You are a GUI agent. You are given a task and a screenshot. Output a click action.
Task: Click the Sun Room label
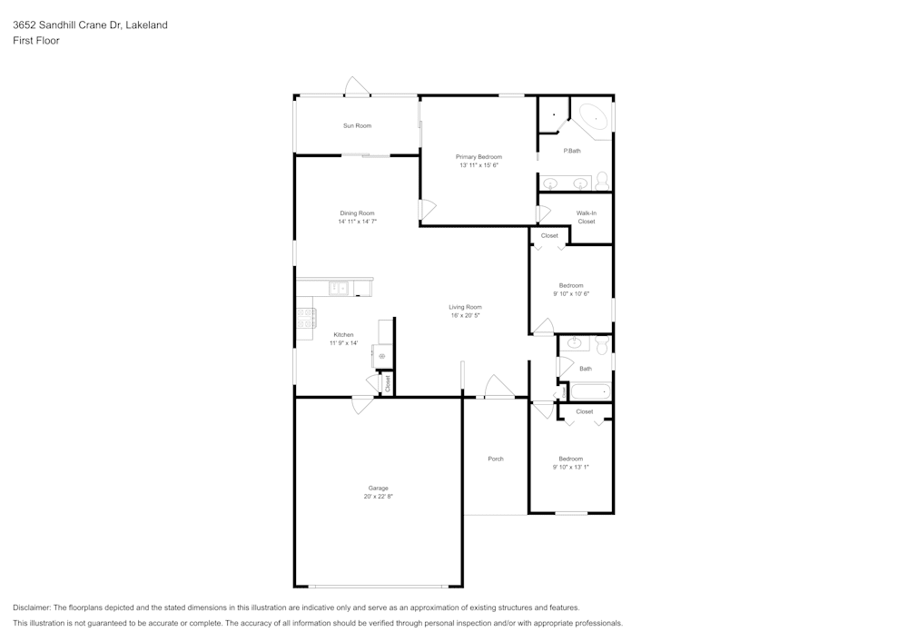(357, 125)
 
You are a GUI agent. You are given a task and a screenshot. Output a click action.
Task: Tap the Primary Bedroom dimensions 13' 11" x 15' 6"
(479, 165)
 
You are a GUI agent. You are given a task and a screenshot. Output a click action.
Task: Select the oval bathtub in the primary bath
(594, 118)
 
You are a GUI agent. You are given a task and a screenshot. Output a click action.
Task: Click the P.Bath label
(572, 151)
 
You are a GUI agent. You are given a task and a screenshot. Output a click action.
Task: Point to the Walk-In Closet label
(587, 217)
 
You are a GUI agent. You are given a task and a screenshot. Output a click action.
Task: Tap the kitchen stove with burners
(305, 318)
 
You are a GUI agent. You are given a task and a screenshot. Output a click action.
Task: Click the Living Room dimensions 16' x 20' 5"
(465, 315)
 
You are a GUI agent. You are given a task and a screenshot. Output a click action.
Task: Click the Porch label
(496, 459)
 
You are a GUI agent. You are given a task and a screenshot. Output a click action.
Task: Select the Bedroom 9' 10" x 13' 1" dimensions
(571, 467)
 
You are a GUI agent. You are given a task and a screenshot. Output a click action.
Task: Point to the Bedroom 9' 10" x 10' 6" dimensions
(571, 293)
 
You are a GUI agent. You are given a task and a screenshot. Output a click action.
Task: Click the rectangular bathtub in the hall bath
(590, 391)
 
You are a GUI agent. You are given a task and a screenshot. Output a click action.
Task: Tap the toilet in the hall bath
(602, 343)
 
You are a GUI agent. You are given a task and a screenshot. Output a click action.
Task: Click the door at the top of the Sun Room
(357, 87)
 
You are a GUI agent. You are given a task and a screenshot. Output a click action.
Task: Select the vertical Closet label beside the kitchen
(388, 384)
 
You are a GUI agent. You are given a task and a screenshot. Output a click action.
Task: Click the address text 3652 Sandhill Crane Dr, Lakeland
(90, 25)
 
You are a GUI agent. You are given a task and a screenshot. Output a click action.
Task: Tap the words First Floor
(36, 41)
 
